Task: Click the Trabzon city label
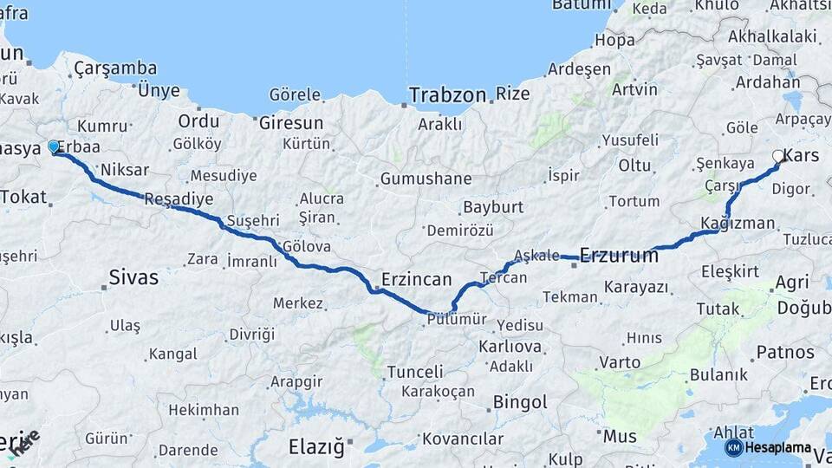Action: (446, 94)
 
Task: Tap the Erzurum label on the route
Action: (619, 255)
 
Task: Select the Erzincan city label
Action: (417, 279)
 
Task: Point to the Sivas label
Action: (133, 277)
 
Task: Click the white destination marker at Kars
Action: (778, 157)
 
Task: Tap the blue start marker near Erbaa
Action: (54, 147)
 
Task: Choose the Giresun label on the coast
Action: (290, 122)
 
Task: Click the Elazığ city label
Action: (316, 447)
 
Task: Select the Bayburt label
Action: (493, 207)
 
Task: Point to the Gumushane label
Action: (426, 179)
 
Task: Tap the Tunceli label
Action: (414, 372)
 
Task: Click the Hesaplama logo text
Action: (777, 447)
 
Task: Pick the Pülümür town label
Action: (451, 320)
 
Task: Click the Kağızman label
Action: (738, 223)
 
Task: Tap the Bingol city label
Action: (520, 402)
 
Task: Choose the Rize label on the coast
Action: (512, 94)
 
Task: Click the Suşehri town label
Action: (253, 221)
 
